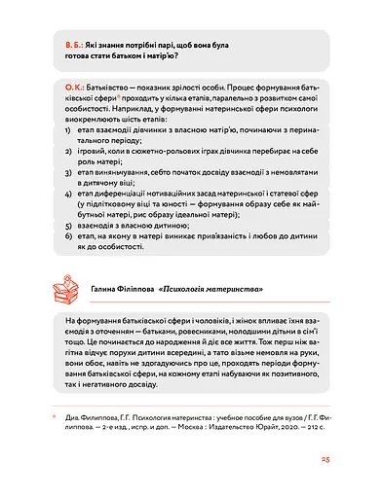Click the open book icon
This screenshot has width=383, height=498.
[x=63, y=289]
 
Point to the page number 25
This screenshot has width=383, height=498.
[x=326, y=460]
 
